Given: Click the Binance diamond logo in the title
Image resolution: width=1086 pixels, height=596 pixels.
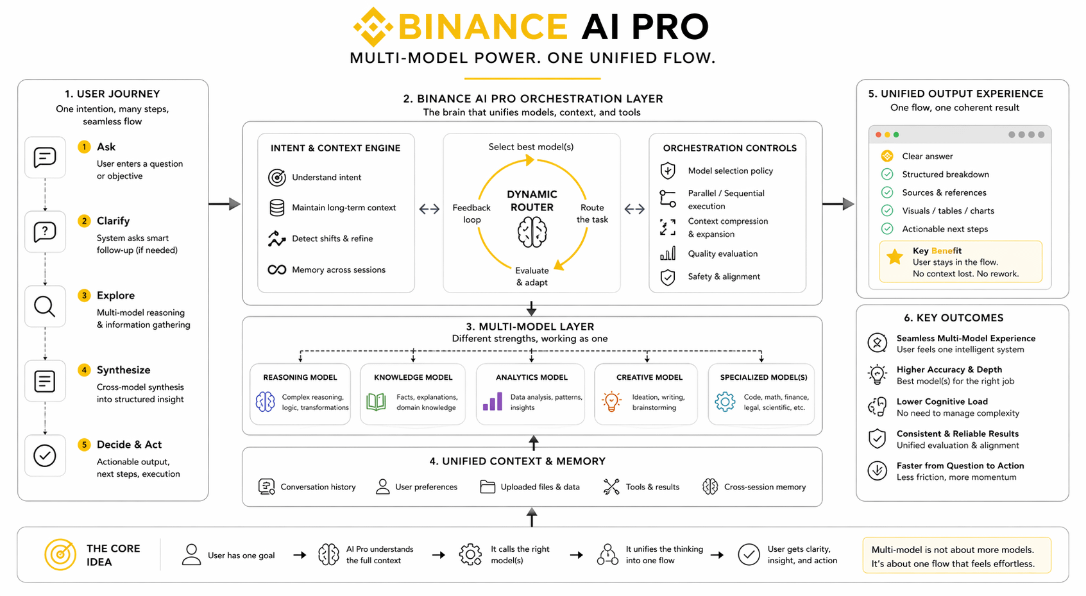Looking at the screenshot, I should pyautogui.click(x=373, y=28).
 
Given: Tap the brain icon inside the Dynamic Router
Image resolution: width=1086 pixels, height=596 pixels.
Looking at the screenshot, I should pyautogui.click(x=532, y=232).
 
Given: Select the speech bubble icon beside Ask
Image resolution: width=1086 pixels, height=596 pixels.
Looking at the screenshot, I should pyautogui.click(x=45, y=157).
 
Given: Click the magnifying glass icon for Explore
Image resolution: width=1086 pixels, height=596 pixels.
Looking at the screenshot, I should pyautogui.click(x=45, y=307).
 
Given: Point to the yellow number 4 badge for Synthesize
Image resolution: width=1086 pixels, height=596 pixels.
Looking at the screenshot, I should pyautogui.click(x=84, y=370).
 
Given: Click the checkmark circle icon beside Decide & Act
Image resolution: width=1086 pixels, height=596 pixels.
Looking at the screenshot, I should pyautogui.click(x=45, y=456).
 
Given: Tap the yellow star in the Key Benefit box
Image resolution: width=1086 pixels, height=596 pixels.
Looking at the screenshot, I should pyautogui.click(x=894, y=257).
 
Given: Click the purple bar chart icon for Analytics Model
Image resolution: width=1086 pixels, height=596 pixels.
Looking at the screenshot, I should pyautogui.click(x=493, y=402).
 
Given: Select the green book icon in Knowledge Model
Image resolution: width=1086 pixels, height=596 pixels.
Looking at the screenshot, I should pyautogui.click(x=376, y=402).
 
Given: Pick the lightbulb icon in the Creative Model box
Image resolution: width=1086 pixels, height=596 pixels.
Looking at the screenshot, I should pyautogui.click(x=611, y=402).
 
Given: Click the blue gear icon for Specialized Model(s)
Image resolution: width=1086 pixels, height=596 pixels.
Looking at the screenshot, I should pyautogui.click(x=725, y=402).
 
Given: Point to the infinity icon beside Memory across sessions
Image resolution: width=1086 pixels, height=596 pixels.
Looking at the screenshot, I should pyautogui.click(x=277, y=270).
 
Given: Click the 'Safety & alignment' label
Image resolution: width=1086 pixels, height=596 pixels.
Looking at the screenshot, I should pyautogui.click(x=724, y=277).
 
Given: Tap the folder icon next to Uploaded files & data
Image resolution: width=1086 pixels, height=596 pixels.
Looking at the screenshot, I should pyautogui.click(x=488, y=487).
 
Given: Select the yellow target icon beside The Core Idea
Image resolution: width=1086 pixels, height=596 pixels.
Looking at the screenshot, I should pyautogui.click(x=60, y=555).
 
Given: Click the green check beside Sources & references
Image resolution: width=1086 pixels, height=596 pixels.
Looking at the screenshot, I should pyautogui.click(x=887, y=192).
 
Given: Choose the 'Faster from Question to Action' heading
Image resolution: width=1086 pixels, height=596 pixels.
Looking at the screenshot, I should pyautogui.click(x=960, y=466).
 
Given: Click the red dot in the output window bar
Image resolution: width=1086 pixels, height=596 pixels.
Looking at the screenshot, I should pyautogui.click(x=878, y=135).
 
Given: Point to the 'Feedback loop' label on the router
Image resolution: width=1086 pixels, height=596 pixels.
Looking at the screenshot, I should pyautogui.click(x=471, y=214).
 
